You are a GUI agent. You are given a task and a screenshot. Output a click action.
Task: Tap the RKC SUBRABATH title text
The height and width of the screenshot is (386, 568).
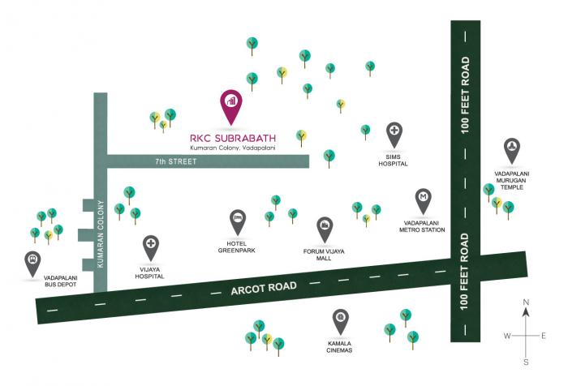(x=232, y=137)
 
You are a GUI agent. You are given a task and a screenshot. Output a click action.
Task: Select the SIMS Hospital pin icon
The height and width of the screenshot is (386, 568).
(x=394, y=132)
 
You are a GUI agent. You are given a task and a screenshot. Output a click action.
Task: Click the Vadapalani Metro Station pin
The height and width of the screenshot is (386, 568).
(x=423, y=199)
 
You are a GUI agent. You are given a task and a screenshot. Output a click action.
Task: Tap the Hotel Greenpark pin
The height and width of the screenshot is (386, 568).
(x=236, y=219)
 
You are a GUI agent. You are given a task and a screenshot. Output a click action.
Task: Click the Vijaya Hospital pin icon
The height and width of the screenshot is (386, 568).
(x=150, y=246)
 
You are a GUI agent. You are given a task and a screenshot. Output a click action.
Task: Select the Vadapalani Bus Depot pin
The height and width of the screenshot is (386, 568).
(x=32, y=261)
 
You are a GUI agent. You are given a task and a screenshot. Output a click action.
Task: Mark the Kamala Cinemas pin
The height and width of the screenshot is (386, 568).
(x=342, y=319)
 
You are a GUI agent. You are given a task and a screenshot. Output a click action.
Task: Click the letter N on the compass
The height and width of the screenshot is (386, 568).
(x=526, y=302)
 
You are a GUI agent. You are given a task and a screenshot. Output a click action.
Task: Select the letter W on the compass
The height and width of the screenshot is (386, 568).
(x=507, y=335)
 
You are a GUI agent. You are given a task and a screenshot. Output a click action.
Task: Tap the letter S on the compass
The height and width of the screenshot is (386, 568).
(x=526, y=362)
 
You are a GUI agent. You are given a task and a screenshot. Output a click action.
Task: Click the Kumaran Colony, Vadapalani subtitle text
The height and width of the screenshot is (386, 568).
(x=232, y=148)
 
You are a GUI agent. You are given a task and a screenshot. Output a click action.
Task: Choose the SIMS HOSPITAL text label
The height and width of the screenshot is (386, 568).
(x=394, y=160)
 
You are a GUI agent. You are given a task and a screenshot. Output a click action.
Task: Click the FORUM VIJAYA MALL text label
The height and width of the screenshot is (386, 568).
(x=325, y=255)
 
